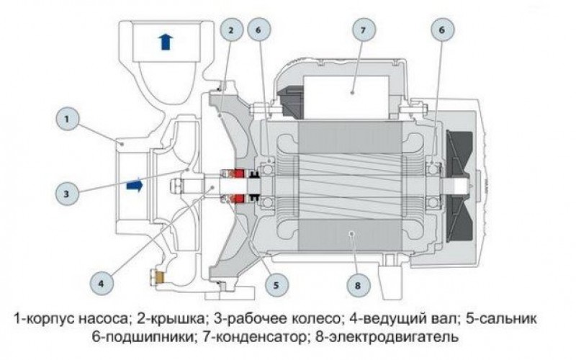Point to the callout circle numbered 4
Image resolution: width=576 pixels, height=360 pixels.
click(x=101, y=283)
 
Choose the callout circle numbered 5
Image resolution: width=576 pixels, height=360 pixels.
click(x=275, y=284)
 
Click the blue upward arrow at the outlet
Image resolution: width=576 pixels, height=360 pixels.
click(x=166, y=41)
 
